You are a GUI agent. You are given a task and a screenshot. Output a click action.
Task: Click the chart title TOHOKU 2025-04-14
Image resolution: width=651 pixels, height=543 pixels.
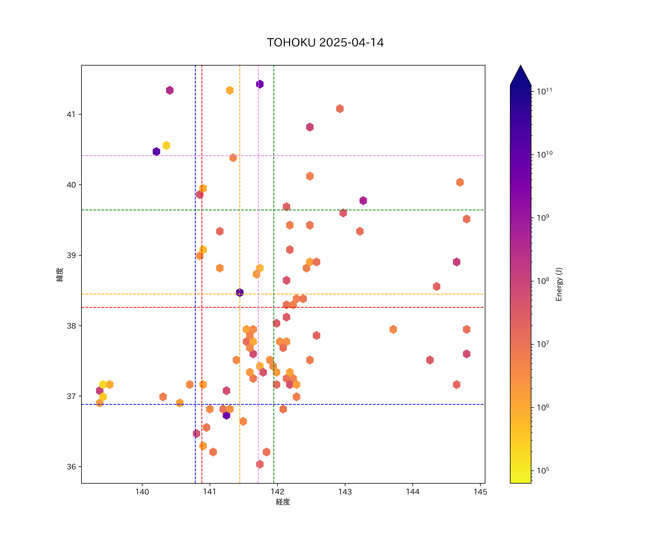(325, 43)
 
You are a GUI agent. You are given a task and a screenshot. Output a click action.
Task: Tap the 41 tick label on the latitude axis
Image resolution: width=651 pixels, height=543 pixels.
(71, 115)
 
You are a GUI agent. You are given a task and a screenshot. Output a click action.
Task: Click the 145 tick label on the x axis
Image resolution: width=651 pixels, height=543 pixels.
(480, 492)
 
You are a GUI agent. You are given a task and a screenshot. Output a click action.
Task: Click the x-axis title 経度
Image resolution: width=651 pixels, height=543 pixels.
(283, 502)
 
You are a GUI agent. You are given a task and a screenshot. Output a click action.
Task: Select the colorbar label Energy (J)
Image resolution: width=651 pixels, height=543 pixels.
(559, 284)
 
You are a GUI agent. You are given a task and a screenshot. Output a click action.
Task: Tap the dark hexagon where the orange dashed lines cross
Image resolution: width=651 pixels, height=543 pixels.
(240, 292)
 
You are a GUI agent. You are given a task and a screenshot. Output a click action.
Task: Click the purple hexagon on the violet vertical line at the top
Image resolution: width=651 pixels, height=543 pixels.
(260, 84)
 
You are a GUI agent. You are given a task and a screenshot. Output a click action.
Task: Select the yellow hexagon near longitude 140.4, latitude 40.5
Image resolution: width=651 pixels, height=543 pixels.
(166, 145)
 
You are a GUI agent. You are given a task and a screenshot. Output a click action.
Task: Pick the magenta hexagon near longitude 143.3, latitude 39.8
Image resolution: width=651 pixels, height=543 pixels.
(363, 200)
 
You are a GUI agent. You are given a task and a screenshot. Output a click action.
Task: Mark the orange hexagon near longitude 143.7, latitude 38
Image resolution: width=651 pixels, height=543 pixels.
(393, 329)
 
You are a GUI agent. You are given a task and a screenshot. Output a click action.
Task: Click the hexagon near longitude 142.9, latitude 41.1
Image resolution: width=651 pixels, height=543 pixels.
(340, 109)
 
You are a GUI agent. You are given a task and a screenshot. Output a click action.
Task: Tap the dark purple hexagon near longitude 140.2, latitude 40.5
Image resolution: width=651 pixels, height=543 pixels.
(156, 151)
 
